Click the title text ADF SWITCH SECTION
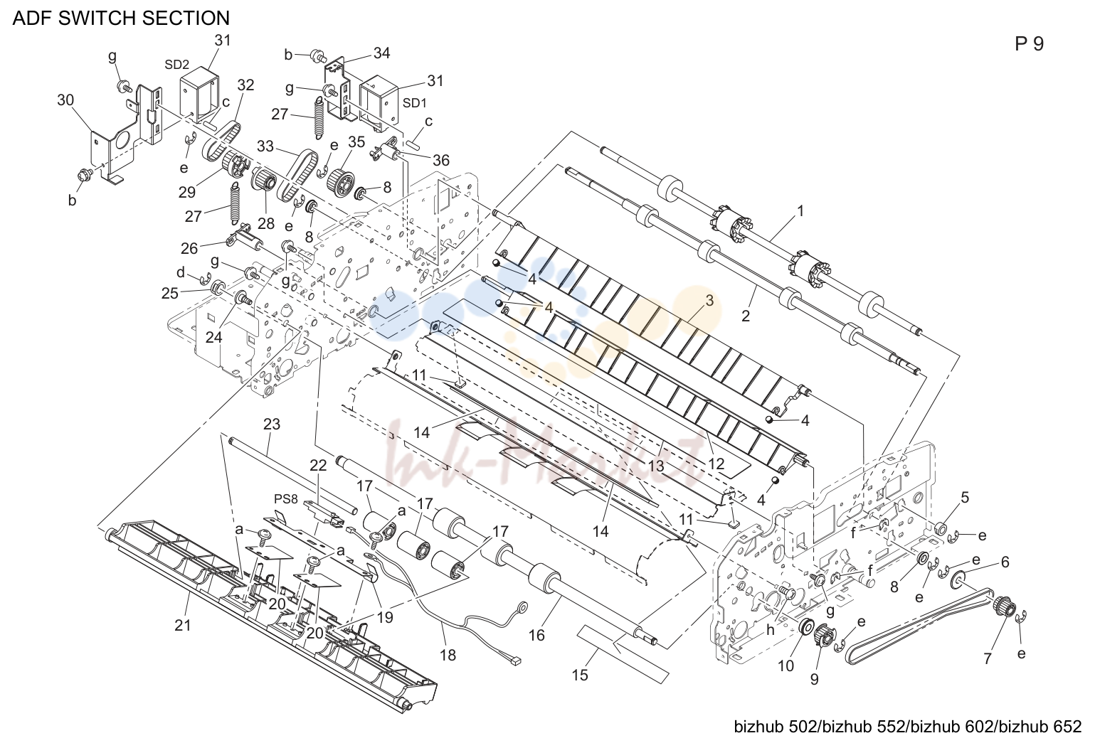[121, 18]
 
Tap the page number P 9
[1029, 44]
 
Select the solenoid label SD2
[176, 65]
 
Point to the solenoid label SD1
[415, 103]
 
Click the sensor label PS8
[286, 499]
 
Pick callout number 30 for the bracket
[65, 100]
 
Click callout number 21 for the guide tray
[183, 625]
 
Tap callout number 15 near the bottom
[581, 675]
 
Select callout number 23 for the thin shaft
[272, 424]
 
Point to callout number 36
[441, 160]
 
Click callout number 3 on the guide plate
[709, 301]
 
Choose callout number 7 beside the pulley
[988, 658]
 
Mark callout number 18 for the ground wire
[448, 655]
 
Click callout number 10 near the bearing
[785, 666]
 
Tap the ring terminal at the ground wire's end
[522, 607]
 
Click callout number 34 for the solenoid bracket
[382, 53]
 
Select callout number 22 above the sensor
[318, 466]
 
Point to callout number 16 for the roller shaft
[536, 635]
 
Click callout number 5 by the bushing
[965, 497]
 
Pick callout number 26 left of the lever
[190, 249]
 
